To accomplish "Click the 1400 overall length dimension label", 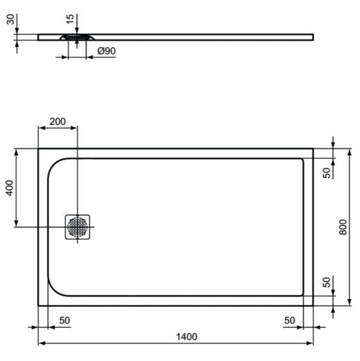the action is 187,336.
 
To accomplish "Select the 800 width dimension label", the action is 343,227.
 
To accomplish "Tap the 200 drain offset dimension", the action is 58,122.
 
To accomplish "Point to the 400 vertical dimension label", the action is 10,188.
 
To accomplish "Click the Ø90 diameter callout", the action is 107,51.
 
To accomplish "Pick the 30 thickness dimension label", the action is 10,19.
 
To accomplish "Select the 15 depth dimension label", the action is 70,19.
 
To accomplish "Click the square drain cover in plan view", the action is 78,227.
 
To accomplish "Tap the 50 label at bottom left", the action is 64,320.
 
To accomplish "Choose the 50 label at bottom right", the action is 290,320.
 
